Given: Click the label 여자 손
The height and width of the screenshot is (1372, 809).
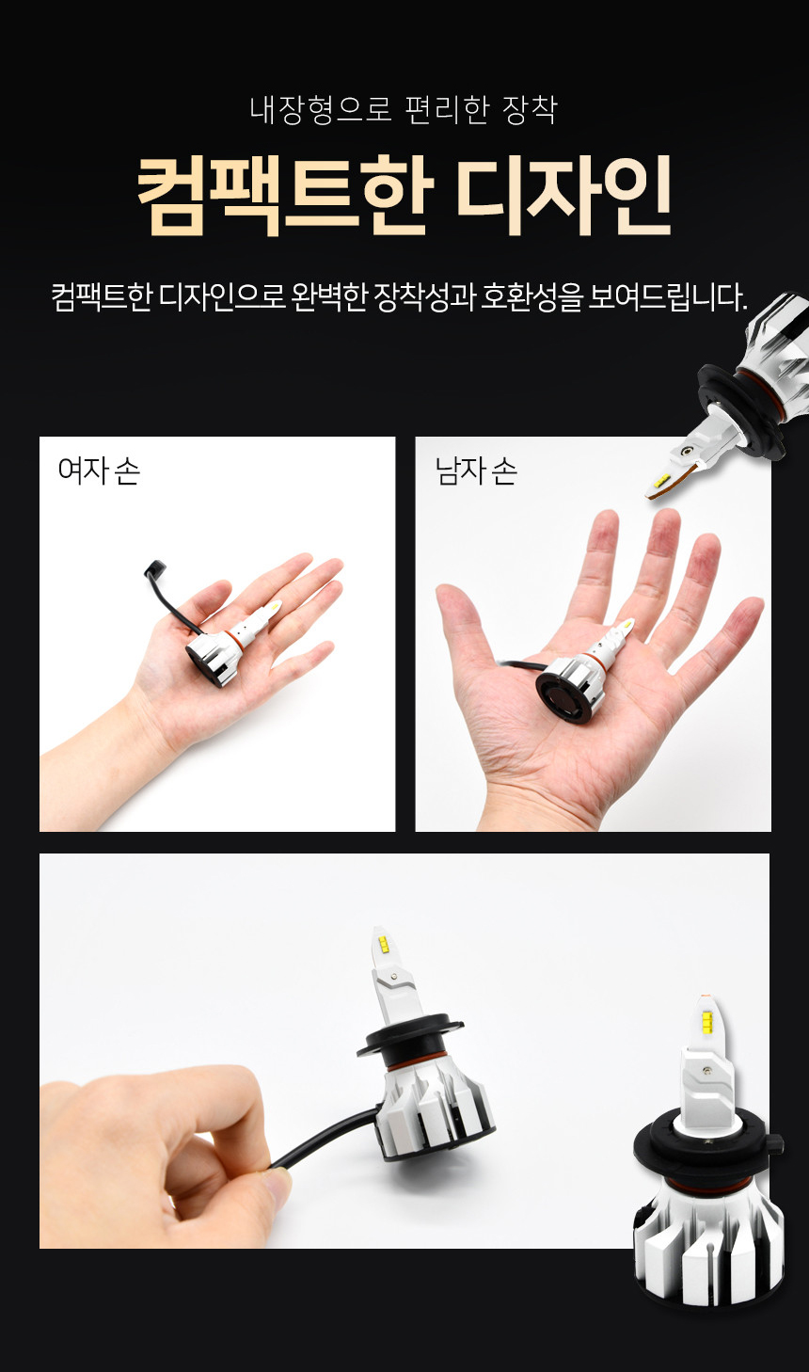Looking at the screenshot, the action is [x=99, y=471].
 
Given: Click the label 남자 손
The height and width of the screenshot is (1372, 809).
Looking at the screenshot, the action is [x=476, y=471].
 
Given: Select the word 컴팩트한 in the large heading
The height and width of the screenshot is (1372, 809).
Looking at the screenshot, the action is [x=285, y=196].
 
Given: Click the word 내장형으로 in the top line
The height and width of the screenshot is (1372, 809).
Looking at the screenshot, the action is [x=320, y=110].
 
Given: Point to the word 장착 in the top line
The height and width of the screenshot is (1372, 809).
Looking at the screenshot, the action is [x=529, y=110].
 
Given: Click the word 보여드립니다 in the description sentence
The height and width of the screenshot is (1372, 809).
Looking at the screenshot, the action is [x=667, y=297].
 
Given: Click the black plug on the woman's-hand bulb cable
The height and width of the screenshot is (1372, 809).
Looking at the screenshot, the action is [x=153, y=568].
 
